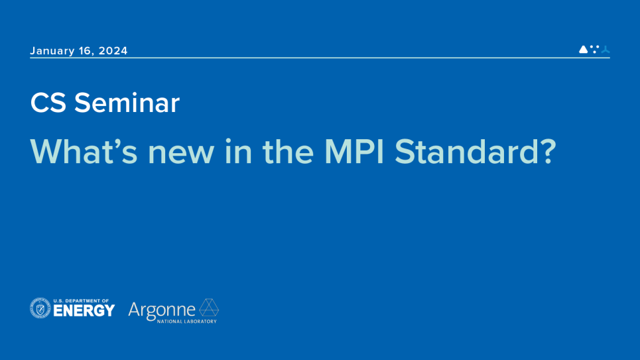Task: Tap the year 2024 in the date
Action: pyautogui.click(x=113, y=50)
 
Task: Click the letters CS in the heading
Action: pyautogui.click(x=48, y=103)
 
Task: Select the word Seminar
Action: pyautogui.click(x=127, y=103)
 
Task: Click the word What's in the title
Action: pyautogui.click(x=86, y=151)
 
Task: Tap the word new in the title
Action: pyautogui.click(x=181, y=155)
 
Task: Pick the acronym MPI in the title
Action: pyautogui.click(x=354, y=151)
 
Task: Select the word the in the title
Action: pyautogui.click(x=288, y=151)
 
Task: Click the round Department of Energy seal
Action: pyautogui.click(x=40, y=308)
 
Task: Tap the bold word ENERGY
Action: pyautogui.click(x=84, y=311)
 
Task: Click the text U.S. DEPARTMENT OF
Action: pyautogui.click(x=81, y=301)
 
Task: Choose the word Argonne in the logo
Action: pyautogui.click(x=162, y=311)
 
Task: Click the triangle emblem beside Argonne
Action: pyautogui.click(x=209, y=308)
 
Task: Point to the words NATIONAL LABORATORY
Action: pyautogui.click(x=187, y=322)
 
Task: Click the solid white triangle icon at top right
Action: pyautogui.click(x=583, y=49)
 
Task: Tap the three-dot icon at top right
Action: pyautogui.click(x=595, y=49)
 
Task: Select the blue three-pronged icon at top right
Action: pyautogui.click(x=606, y=49)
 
